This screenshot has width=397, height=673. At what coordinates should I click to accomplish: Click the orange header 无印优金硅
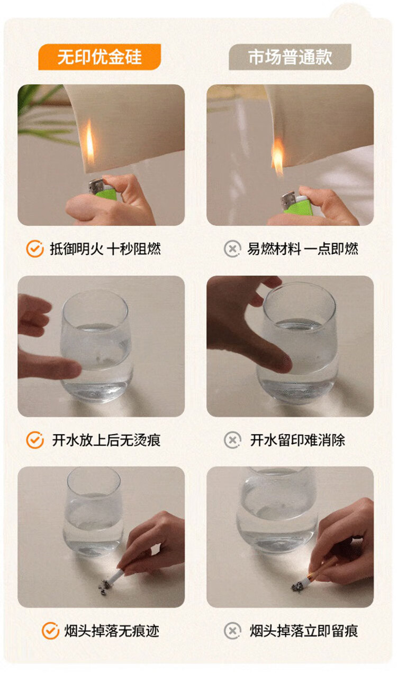pos(100,57)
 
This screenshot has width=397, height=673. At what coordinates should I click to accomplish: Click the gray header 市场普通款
pos(290,57)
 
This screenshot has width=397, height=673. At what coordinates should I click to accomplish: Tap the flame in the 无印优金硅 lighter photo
pos(90,141)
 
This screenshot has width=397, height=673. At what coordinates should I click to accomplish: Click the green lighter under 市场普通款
pos(296,204)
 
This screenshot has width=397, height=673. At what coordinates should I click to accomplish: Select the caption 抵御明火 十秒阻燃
pos(105,249)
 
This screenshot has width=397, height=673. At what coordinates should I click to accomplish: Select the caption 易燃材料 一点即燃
pos(303,249)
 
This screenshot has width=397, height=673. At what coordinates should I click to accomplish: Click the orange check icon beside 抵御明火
pos(35,249)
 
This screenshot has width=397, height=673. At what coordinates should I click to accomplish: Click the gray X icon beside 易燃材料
pos(232,249)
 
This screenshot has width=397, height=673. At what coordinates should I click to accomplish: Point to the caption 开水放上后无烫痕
pos(106,440)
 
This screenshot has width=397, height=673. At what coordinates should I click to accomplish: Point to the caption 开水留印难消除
pos(297,440)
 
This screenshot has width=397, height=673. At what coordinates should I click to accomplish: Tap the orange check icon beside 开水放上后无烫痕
pos(35,440)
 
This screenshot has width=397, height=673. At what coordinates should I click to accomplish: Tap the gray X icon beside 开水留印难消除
pos(232,440)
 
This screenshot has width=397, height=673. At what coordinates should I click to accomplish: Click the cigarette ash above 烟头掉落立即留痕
pos(297,586)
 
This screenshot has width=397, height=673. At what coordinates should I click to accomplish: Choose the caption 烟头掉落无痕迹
pos(112,631)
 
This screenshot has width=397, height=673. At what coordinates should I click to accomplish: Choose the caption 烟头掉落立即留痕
pos(304,631)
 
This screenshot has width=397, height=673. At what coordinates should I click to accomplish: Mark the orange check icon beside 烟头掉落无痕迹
pos(50,631)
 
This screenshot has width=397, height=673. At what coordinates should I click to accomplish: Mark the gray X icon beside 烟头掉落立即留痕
pos(232,631)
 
